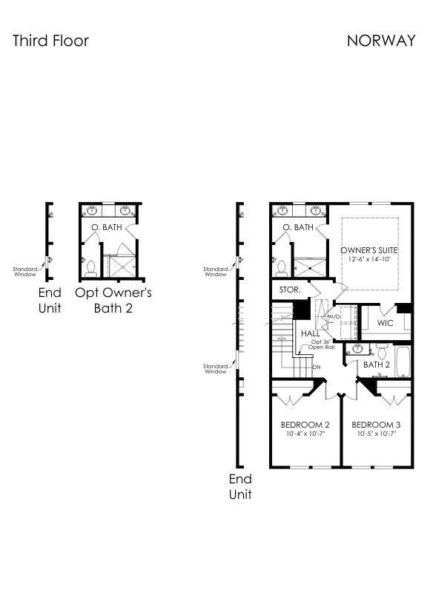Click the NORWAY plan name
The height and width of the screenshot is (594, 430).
[381, 41]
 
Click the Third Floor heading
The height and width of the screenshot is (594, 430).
[50, 41]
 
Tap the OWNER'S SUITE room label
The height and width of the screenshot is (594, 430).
[369, 250]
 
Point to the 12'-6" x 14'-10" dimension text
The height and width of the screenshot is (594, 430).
[369, 259]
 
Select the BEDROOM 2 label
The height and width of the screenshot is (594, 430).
[305, 425]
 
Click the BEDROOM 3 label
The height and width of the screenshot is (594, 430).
[376, 425]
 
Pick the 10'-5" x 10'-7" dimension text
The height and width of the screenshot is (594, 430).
[376, 434]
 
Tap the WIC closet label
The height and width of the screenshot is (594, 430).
[385, 323]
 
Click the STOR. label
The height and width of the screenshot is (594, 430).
[290, 290]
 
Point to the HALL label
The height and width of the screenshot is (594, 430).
[311, 333]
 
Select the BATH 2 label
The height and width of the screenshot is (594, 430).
[377, 365]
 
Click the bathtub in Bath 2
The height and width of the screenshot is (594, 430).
[403, 362]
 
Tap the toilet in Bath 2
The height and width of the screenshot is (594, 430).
[382, 351]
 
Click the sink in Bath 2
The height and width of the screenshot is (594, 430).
[357, 348]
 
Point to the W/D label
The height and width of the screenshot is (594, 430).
[334, 316]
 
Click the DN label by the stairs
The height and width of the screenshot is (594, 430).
[317, 367]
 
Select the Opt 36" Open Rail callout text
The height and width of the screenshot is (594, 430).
[321, 345]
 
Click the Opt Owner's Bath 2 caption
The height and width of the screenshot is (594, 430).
[113, 300]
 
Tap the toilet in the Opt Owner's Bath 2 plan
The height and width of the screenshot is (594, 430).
[90, 268]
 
